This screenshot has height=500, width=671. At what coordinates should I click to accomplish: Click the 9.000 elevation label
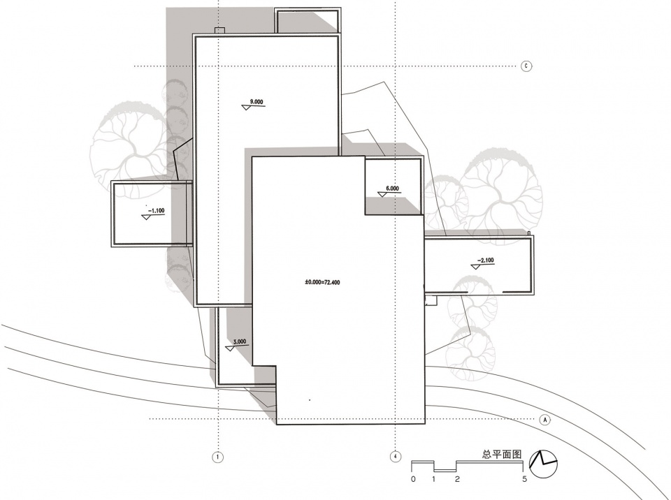[x=257, y=102]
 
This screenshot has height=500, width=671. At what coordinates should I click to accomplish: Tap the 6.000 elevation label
[x=392, y=188]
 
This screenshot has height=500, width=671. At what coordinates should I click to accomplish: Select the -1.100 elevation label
[x=156, y=211]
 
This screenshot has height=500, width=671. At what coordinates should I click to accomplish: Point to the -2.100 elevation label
[x=486, y=260]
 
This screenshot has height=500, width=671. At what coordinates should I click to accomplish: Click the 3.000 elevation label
[x=240, y=341]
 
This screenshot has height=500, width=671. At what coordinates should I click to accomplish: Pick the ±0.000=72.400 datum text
[x=322, y=282]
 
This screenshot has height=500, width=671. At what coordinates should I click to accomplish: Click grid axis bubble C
[x=526, y=66]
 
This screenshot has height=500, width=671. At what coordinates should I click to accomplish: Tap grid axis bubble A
[x=545, y=420]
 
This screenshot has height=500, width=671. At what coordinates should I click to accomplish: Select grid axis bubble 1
[x=218, y=457]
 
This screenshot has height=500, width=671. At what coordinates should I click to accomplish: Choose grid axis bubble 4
[x=396, y=457]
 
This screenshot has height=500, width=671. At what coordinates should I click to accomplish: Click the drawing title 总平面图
[x=502, y=454]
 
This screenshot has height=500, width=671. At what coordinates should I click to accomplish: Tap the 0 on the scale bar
[x=413, y=479]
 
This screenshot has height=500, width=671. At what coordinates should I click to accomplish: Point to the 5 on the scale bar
[x=525, y=479]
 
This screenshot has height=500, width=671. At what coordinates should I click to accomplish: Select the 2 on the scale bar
[x=457, y=479]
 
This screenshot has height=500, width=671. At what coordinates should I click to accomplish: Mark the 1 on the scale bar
[x=434, y=479]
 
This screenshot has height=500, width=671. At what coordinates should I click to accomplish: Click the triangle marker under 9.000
[x=245, y=108]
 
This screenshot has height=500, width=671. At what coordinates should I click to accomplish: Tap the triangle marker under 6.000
[x=382, y=194]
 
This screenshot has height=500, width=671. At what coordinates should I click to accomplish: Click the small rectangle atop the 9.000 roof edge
[x=219, y=30]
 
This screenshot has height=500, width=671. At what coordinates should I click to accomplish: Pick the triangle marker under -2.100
[x=475, y=267]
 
